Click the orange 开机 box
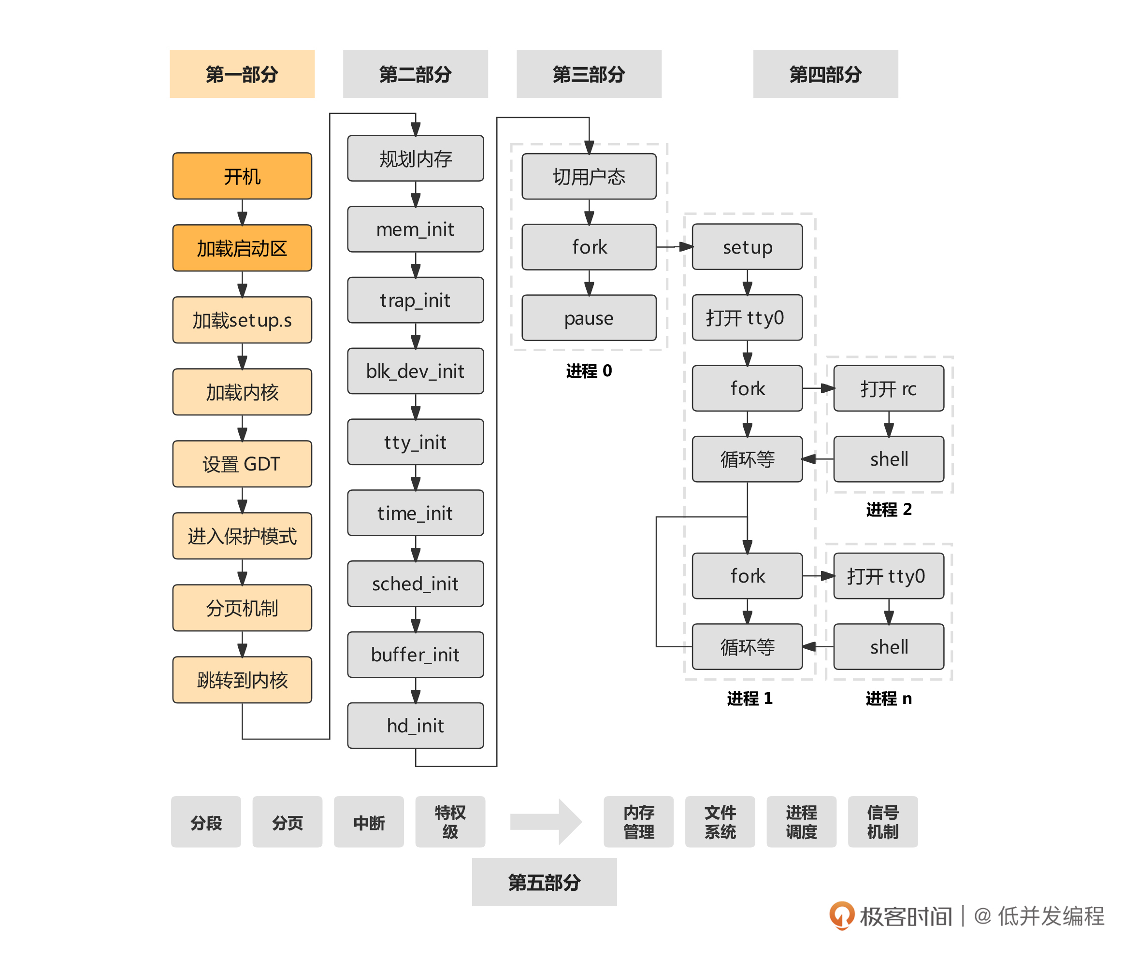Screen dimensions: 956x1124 pyautogui.click(x=242, y=176)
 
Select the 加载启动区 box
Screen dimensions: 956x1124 pyautogui.click(x=242, y=248)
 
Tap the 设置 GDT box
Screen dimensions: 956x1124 pyautogui.click(x=242, y=464)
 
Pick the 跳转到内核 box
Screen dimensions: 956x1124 pyautogui.click(x=242, y=680)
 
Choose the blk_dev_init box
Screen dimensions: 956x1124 pyautogui.click(x=415, y=371)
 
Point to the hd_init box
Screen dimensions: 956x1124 pyautogui.click(x=415, y=726)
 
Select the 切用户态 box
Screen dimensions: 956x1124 pyautogui.click(x=589, y=177)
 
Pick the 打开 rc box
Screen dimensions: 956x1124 pyautogui.click(x=889, y=388)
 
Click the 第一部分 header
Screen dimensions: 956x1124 pyautogui.click(x=242, y=74)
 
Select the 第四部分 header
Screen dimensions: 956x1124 pyautogui.click(x=825, y=74)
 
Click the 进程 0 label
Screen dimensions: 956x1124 pyautogui.click(x=589, y=371)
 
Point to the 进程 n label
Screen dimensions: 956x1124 pyautogui.click(x=889, y=699)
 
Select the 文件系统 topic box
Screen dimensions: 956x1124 pyautogui.click(x=720, y=822)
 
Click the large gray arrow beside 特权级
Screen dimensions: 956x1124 pyautogui.click(x=546, y=822)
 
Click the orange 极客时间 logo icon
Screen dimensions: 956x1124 pyautogui.click(x=841, y=915)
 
